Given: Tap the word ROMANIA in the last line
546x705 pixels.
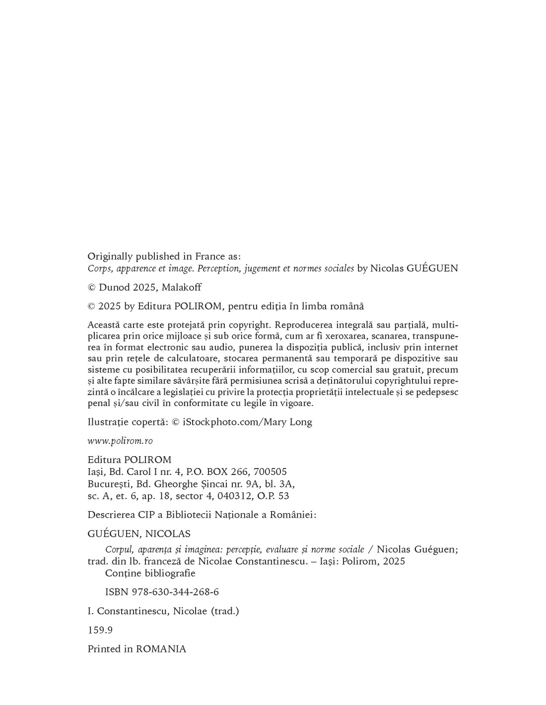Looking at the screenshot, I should click(x=161, y=649).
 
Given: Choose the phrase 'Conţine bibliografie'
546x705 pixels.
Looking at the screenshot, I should click(x=150, y=573).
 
